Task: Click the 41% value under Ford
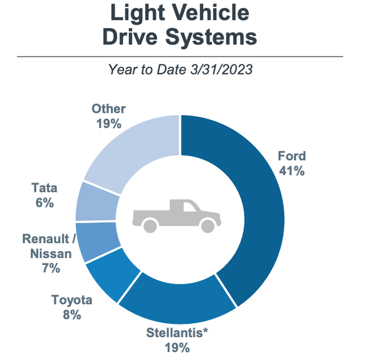click(292, 171)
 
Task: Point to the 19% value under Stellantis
click(176, 347)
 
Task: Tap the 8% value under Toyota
click(72, 315)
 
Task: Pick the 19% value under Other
click(108, 124)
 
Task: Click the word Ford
click(292, 156)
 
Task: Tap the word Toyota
click(72, 300)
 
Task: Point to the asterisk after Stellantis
click(203, 331)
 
